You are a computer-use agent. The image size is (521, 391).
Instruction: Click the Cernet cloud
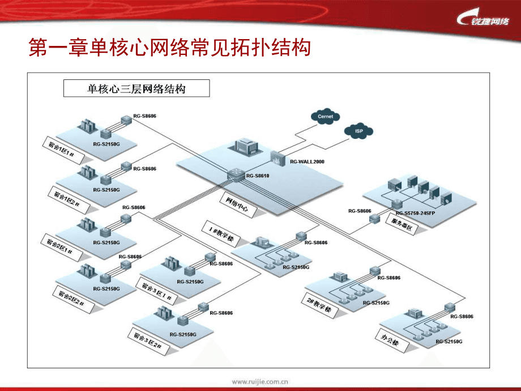[x=325, y=117]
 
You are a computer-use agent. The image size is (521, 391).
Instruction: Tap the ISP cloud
[x=358, y=131]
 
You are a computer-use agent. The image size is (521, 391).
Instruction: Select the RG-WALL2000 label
[x=307, y=161]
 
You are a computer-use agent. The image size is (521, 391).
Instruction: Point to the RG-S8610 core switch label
[x=258, y=176]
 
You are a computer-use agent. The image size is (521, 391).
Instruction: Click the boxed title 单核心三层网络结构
[x=136, y=89]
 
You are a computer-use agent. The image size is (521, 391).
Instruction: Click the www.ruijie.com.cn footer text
[x=260, y=381]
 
